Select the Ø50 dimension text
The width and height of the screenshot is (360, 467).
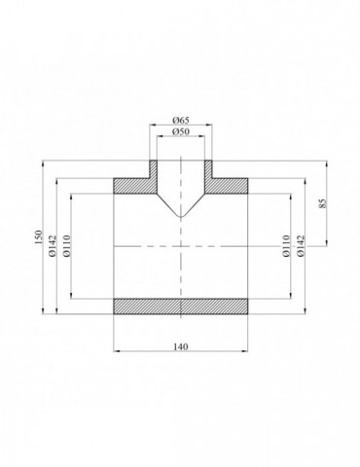tap(180, 131)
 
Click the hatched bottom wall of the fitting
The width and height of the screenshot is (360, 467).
tap(180, 305)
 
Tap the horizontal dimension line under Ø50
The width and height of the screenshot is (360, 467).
tap(180, 137)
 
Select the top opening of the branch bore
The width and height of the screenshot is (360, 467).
tap(180, 161)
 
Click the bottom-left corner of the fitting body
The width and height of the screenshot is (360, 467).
tap(115, 314)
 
